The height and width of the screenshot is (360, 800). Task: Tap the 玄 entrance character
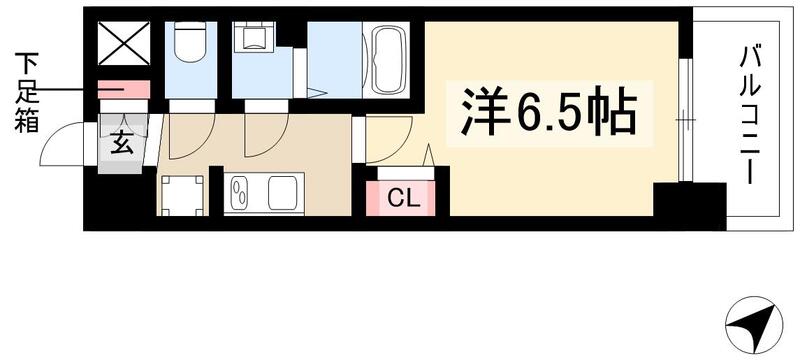(x=120, y=143)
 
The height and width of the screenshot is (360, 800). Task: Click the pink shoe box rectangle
(x=124, y=90)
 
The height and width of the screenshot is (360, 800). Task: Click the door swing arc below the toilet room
(x=187, y=135)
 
